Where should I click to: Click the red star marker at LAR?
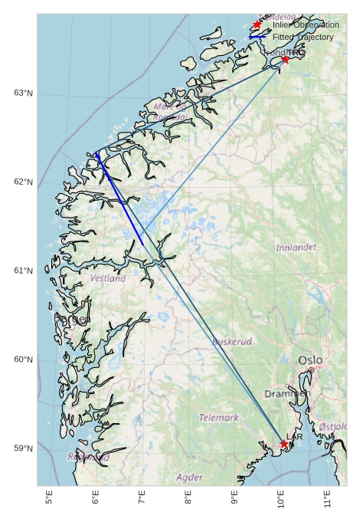(x=284, y=444)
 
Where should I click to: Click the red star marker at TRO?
(x=285, y=59)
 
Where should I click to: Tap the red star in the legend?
(x=257, y=25)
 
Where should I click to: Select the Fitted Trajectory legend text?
(x=303, y=37)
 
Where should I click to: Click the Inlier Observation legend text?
(x=306, y=25)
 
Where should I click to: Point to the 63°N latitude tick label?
(x=23, y=93)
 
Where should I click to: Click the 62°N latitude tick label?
(x=23, y=182)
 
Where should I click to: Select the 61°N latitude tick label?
(x=23, y=271)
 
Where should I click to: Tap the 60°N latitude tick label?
(x=23, y=359)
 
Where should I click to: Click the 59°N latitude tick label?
(x=23, y=448)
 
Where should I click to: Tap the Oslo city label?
(x=311, y=359)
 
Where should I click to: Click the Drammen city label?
(x=287, y=393)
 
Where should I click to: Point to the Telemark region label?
(x=219, y=418)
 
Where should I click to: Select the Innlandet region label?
(x=296, y=248)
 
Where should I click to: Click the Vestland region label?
(x=108, y=279)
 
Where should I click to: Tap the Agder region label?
(x=189, y=478)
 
